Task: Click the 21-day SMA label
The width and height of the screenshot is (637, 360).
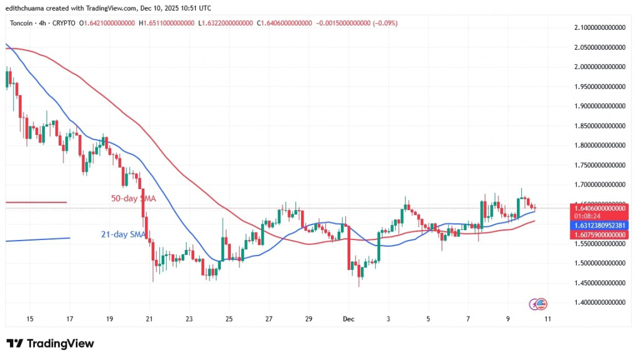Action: tap(123, 234)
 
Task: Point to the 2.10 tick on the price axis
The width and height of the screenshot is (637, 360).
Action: tap(598, 27)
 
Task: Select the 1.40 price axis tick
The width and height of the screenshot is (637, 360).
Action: tap(598, 302)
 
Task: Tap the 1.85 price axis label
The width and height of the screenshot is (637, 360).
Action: tap(598, 126)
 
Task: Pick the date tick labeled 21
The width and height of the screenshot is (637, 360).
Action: tap(149, 318)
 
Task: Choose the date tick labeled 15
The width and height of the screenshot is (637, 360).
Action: tap(29, 318)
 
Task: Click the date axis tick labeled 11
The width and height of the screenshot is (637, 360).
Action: tap(547, 318)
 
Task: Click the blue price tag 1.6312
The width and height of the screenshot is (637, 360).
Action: tap(598, 225)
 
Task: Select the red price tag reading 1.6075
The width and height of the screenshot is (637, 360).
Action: tap(598, 234)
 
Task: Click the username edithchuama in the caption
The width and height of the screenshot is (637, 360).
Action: tap(24, 7)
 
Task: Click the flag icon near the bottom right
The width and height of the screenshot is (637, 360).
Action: tap(541, 303)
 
